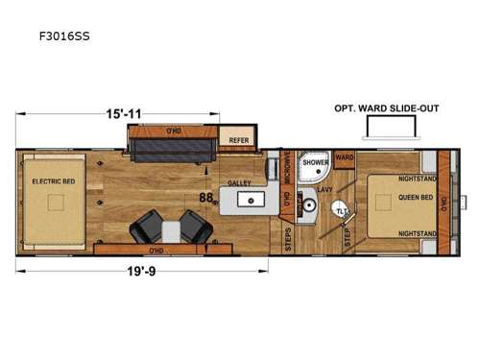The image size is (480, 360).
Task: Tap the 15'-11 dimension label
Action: (x=123, y=113)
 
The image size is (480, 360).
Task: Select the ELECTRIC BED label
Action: (x=47, y=180)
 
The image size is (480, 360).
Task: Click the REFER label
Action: (x=238, y=139)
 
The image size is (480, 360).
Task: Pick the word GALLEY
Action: (x=239, y=182)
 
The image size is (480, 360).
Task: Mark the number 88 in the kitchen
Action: (x=206, y=198)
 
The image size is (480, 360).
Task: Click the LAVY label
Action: (x=324, y=191)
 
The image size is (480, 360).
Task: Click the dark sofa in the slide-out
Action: (x=172, y=152)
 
